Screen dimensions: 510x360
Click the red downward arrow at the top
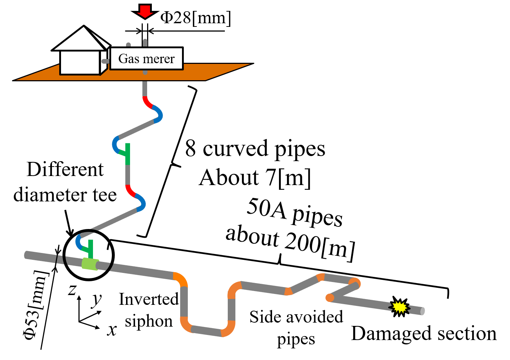145,11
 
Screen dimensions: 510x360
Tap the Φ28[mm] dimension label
195,18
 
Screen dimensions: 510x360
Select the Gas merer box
146,58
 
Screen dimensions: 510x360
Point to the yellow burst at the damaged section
399,307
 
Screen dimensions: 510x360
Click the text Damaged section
424,334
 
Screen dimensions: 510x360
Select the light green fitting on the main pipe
90,264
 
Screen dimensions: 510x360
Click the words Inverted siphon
149,310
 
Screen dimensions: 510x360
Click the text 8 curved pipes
255,148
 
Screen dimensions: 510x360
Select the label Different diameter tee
65,182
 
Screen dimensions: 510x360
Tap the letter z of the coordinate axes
72,290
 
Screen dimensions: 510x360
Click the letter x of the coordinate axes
112,330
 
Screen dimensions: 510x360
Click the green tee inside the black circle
88,249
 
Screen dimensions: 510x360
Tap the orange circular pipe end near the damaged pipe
330,298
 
